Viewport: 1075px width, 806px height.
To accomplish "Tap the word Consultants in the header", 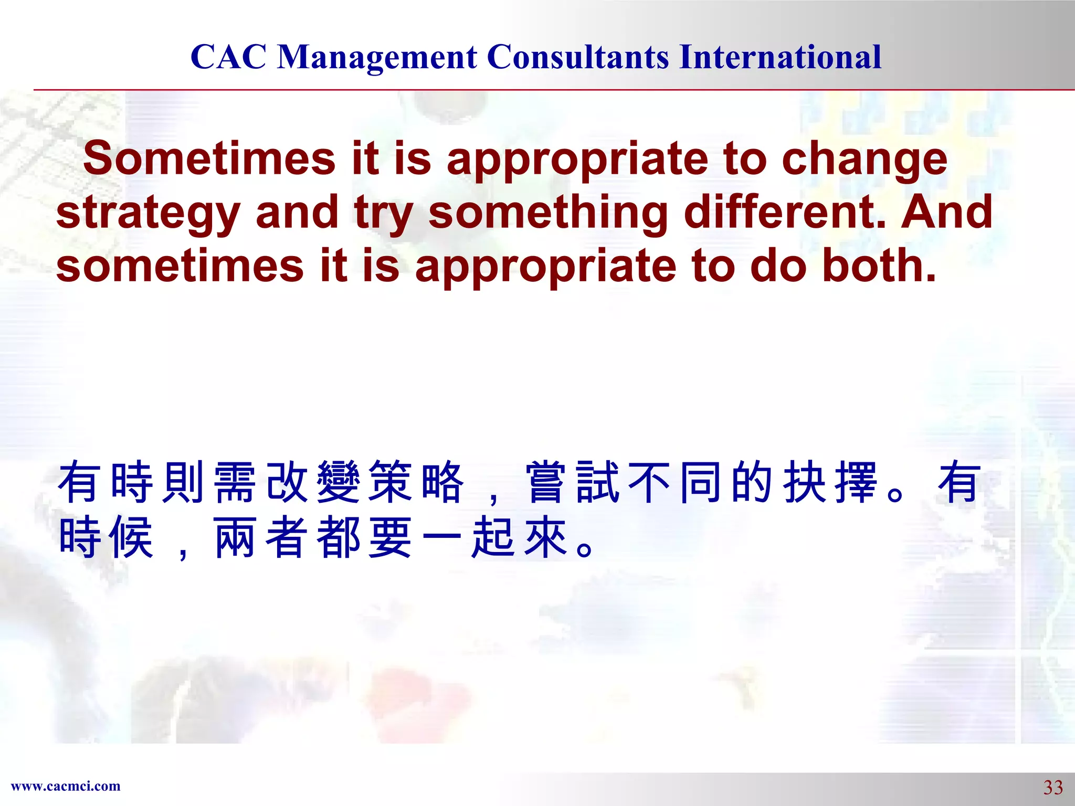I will [578, 57].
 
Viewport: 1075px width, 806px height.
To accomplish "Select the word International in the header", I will [780, 57].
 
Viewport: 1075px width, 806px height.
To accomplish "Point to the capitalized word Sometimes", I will [209, 159].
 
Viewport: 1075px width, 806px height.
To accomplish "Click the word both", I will [879, 266].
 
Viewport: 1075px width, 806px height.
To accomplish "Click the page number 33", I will [1052, 787].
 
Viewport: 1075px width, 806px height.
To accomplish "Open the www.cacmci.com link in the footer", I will [66, 786].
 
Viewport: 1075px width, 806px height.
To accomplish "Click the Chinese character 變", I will [339, 482].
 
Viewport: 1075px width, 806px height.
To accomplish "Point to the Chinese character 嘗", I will [547, 482].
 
